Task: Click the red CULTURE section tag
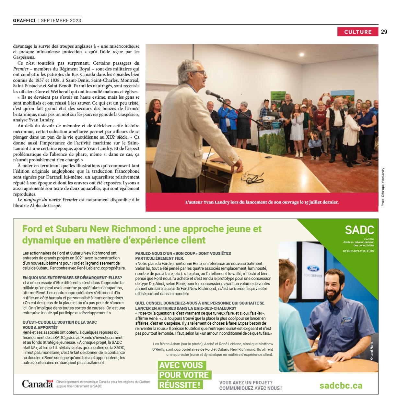click(x=357, y=32)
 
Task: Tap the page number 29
click(x=384, y=32)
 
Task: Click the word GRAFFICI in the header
click(x=24, y=20)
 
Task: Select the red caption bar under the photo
click(x=262, y=202)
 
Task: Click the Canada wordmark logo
click(x=37, y=384)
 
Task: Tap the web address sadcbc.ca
click(x=341, y=385)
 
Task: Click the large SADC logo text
click(x=359, y=230)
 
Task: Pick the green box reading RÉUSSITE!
click(x=180, y=385)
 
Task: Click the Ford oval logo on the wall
click(x=313, y=268)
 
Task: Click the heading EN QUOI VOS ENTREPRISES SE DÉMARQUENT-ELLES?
click(x=72, y=278)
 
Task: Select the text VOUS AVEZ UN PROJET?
click(x=246, y=383)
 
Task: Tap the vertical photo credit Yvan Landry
click(x=383, y=187)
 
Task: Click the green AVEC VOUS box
click(x=181, y=365)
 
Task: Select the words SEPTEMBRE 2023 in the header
click(x=61, y=20)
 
